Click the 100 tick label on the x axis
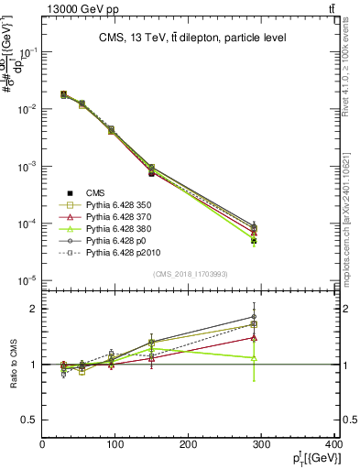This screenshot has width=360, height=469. [x=116, y=444]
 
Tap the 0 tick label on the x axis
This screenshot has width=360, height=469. [x=43, y=444]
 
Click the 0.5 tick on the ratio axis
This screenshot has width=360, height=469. [x=29, y=420]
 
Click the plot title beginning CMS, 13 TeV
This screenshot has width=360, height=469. [x=192, y=38]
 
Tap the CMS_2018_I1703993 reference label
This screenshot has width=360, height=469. [x=190, y=275]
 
